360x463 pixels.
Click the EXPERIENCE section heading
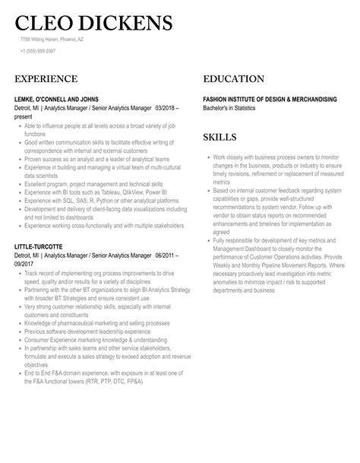(x=46, y=79)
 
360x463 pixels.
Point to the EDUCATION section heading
(x=234, y=79)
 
